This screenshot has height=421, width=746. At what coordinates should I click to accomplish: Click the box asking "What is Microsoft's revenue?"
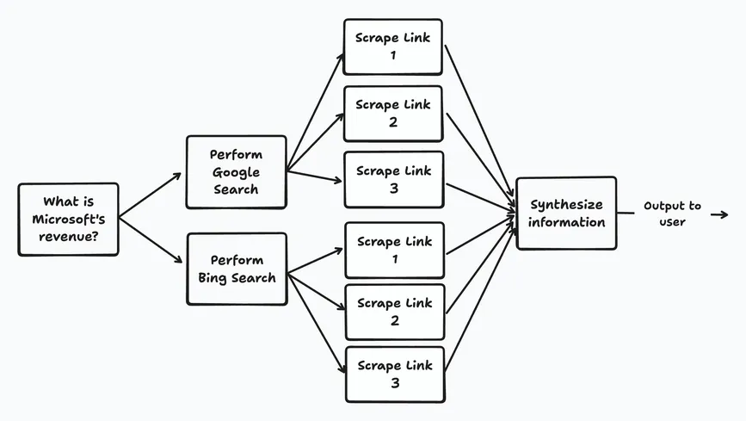pyautogui.click(x=68, y=219)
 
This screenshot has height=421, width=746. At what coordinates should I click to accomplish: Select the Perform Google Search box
pyautogui.click(x=236, y=171)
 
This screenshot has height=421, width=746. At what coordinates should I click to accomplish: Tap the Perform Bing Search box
pyautogui.click(x=236, y=268)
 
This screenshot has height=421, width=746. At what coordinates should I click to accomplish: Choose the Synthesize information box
pyautogui.click(x=565, y=213)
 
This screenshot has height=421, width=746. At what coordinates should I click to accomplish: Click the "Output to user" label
pyautogui.click(x=672, y=214)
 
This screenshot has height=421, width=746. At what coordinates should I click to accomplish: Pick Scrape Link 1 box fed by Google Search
pyautogui.click(x=393, y=46)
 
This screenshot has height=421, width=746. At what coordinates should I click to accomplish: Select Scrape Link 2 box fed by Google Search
pyautogui.click(x=393, y=113)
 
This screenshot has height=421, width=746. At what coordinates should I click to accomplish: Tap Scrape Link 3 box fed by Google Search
pyautogui.click(x=393, y=179)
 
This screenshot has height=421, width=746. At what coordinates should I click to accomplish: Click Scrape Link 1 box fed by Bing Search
pyautogui.click(x=393, y=250)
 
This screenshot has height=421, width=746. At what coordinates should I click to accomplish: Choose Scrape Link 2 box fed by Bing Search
pyautogui.click(x=393, y=312)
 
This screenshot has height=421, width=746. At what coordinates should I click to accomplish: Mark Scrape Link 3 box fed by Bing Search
pyautogui.click(x=393, y=374)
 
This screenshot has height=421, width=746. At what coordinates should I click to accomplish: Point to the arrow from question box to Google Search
pyautogui.click(x=150, y=195)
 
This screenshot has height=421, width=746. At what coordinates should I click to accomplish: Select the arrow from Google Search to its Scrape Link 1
pyautogui.click(x=315, y=111)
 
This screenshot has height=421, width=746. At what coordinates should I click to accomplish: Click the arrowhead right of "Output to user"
pyautogui.click(x=721, y=214)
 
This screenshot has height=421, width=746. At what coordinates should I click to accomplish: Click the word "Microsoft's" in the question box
pyautogui.click(x=68, y=219)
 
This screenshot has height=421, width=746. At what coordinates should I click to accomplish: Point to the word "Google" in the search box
pyautogui.click(x=236, y=171)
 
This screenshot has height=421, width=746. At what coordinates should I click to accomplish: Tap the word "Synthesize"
pyautogui.click(x=565, y=205)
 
